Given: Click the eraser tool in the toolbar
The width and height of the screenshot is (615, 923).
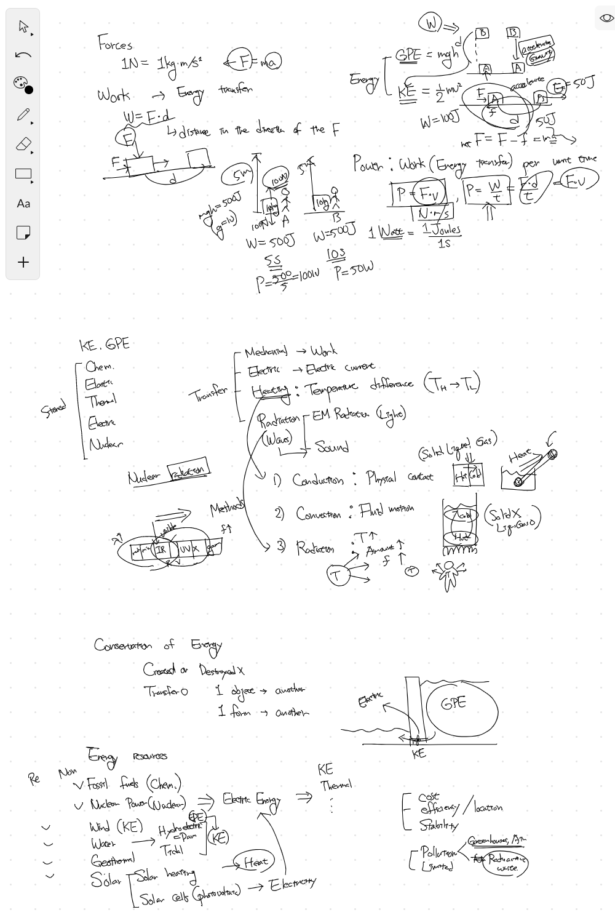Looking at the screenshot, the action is [23, 145].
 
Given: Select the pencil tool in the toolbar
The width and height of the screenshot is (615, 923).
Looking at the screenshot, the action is [23, 114].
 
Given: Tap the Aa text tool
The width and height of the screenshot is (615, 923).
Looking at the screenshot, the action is [23, 204].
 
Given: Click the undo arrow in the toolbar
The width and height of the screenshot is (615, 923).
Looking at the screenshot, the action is [23, 55].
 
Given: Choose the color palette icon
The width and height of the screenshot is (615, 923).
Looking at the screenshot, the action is [22, 85].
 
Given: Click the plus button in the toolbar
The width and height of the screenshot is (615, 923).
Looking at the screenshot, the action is [23, 262].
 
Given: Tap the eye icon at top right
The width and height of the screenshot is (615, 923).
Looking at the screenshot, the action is [606, 18].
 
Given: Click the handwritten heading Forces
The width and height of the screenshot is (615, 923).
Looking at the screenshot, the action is [115, 44].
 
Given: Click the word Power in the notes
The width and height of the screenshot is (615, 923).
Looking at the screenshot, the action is [368, 164].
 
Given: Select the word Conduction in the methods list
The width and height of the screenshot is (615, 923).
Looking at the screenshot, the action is [317, 480].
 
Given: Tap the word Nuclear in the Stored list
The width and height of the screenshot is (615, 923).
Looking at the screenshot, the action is [105, 444].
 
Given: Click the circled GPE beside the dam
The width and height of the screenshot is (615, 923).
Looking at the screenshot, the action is [454, 703].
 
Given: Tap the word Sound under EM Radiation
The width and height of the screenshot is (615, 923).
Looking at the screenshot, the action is [331, 447].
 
